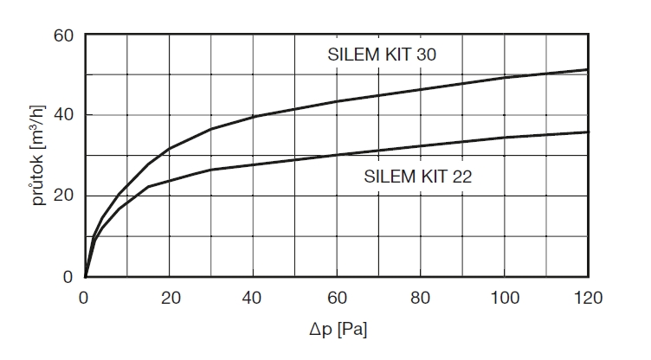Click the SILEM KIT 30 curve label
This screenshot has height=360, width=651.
click(x=381, y=55)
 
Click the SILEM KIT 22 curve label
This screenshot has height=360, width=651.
click(x=416, y=177)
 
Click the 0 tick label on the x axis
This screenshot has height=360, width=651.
click(x=84, y=299)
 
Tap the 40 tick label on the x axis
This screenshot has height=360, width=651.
click(x=252, y=299)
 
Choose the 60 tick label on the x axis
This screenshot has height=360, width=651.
click(x=336, y=299)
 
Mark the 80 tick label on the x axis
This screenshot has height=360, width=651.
click(x=420, y=299)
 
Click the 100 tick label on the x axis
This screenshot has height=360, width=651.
click(x=504, y=299)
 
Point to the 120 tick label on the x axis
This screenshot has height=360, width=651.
click(x=587, y=299)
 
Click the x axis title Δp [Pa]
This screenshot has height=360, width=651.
click(x=337, y=330)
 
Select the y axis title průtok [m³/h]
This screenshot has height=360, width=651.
click(x=39, y=157)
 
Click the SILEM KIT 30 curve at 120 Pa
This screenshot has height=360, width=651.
click(x=588, y=69)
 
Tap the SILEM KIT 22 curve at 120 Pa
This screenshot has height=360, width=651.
click(x=588, y=132)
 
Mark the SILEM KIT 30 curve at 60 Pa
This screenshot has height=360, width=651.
click(x=336, y=101)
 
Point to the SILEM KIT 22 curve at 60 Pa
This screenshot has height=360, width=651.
click(x=336, y=155)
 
